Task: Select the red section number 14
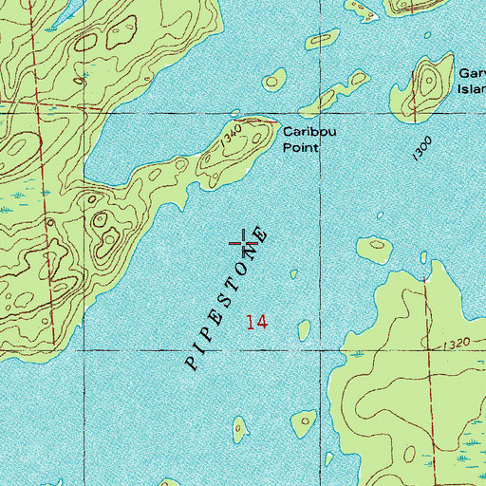[x=255, y=323]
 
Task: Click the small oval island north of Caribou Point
[x=275, y=80]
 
